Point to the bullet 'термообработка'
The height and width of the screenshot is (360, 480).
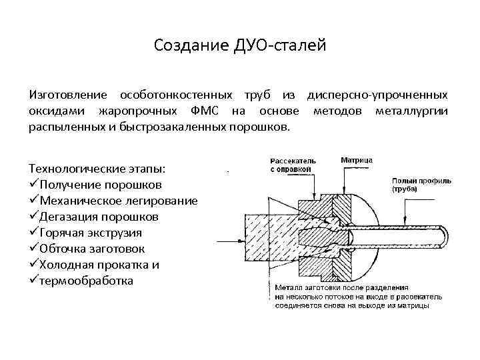click(x=87, y=281)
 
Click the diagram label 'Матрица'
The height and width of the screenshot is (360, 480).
click(x=357, y=161)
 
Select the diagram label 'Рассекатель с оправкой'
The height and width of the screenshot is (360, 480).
click(x=293, y=165)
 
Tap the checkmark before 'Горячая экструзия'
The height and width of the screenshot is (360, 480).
click(x=34, y=233)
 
